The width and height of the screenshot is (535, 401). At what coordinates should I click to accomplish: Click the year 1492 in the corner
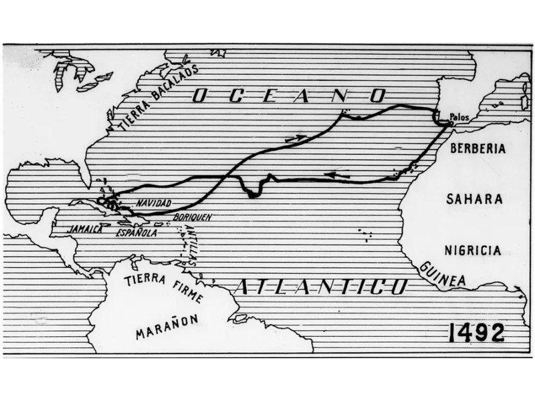[477, 331]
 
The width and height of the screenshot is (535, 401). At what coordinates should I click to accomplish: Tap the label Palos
[459, 116]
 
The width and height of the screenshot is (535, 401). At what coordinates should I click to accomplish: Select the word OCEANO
[289, 96]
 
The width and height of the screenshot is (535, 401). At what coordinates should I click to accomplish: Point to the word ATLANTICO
[321, 287]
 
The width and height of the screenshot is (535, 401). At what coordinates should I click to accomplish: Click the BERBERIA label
[477, 149]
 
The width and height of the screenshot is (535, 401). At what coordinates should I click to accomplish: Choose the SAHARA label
[474, 199]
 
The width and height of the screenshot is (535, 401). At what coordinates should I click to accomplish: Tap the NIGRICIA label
[473, 251]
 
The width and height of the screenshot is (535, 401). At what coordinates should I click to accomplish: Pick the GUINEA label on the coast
[443, 275]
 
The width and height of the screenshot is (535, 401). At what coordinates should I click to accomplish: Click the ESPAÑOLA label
[136, 233]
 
